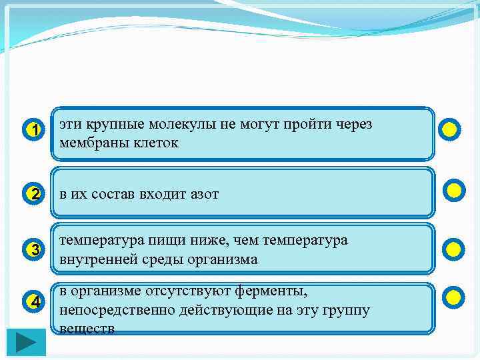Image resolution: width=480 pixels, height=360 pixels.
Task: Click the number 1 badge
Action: [x=34, y=129]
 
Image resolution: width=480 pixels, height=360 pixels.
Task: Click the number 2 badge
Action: [x=34, y=194]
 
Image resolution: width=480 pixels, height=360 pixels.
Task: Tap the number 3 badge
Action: [x=34, y=250]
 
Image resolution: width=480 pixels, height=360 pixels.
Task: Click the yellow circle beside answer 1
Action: [x=451, y=129]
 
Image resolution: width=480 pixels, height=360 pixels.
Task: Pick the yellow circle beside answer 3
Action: [x=453, y=249]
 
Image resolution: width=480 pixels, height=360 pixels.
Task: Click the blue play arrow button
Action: [x=27, y=342]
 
